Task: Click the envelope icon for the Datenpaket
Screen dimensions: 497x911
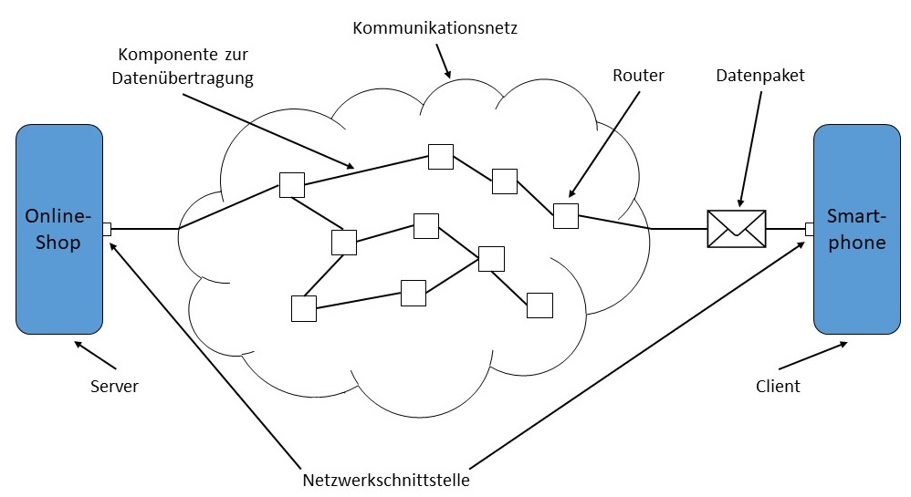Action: pyautogui.click(x=737, y=229)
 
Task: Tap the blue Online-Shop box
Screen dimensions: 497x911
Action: pyautogui.click(x=59, y=229)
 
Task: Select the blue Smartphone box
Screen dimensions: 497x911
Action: pyautogui.click(x=856, y=229)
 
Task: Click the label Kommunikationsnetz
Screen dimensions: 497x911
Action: pyautogui.click(x=435, y=28)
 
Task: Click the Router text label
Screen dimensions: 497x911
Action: pyautogui.click(x=638, y=77)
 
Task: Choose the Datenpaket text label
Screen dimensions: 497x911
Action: pyautogui.click(x=760, y=77)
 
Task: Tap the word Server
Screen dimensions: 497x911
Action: pyautogui.click(x=114, y=387)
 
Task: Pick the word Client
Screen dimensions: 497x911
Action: pyautogui.click(x=778, y=387)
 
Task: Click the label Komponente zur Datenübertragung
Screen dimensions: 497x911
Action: pyautogui.click(x=182, y=67)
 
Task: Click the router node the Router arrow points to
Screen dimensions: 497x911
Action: pyautogui.click(x=565, y=216)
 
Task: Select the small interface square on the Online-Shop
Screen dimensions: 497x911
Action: pyautogui.click(x=107, y=229)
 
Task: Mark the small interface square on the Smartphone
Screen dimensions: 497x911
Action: pyautogui.click(x=810, y=229)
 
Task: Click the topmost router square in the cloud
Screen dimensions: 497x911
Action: pyautogui.click(x=441, y=157)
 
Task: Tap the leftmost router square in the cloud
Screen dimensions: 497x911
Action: pyautogui.click(x=291, y=185)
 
